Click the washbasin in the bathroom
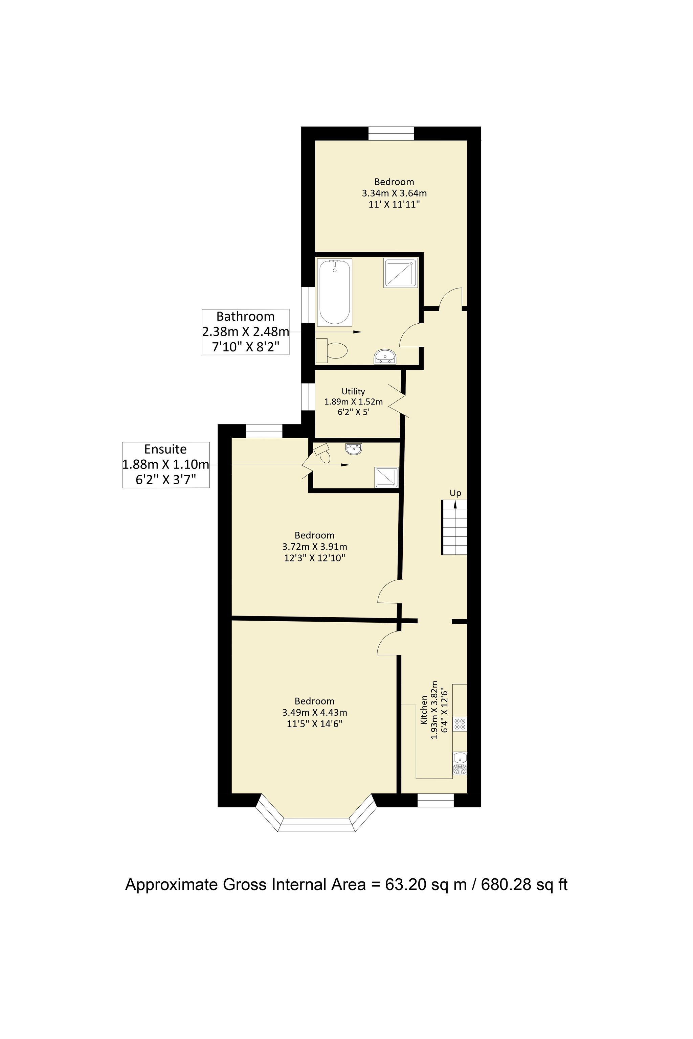pos(385,356)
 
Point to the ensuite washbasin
pos(354,449)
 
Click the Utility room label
pos(353,391)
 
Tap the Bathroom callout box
pos(245,332)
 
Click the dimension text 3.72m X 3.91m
pos(315,547)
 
